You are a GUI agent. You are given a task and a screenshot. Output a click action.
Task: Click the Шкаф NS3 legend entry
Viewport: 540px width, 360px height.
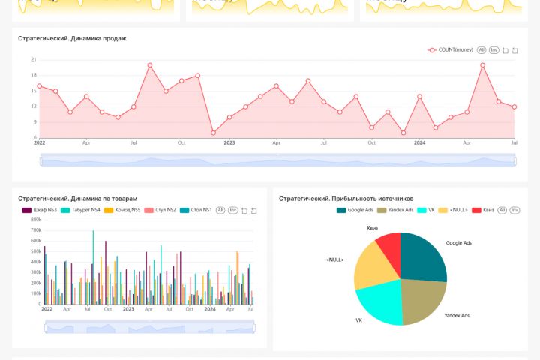pyautogui.click(x=40, y=211)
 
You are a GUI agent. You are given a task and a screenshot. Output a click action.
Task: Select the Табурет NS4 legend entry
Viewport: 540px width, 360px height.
pyautogui.click(x=81, y=211)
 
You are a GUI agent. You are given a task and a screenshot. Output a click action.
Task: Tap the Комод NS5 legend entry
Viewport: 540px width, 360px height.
pyautogui.click(x=124, y=211)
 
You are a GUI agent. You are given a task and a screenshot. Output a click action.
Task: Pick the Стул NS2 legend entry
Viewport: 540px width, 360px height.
pyautogui.click(x=163, y=211)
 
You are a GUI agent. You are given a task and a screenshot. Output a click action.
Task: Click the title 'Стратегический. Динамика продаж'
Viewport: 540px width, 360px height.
pyautogui.click(x=72, y=38)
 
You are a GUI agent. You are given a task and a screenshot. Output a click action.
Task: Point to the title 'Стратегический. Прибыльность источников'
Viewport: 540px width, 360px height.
pyautogui.click(x=346, y=199)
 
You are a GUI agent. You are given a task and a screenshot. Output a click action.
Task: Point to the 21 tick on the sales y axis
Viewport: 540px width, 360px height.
pyautogui.click(x=34, y=59)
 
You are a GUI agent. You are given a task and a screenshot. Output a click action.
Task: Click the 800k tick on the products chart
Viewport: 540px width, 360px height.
pyautogui.click(x=35, y=220)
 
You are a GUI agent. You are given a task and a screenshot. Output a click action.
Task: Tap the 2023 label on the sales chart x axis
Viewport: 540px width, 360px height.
pyautogui.click(x=229, y=142)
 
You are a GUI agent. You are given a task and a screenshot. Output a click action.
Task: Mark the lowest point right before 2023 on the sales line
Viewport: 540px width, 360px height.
pyautogui.click(x=214, y=133)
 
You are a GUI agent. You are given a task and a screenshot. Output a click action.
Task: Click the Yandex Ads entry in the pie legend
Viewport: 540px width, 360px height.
pyautogui.click(x=395, y=211)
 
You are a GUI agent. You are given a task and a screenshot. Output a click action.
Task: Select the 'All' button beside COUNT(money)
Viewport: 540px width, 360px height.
pyautogui.click(x=481, y=50)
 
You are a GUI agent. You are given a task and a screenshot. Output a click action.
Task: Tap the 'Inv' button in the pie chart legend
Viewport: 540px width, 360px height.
pyautogui.click(x=515, y=211)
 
